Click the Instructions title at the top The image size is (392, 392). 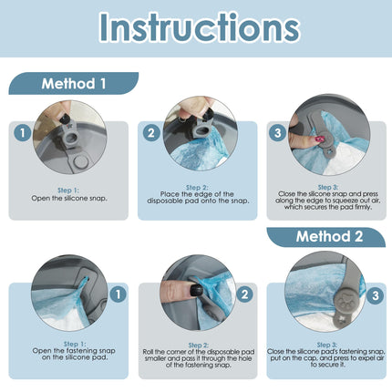click(200, 27)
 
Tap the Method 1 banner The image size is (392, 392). click(74, 84)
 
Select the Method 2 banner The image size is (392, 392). click(326, 237)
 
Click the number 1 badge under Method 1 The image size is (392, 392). click(23, 132)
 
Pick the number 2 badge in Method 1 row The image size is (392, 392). click(151, 132)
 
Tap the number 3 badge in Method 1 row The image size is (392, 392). click(277, 132)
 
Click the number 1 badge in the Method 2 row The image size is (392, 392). click(118, 294)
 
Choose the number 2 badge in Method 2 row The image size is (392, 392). click(244, 294)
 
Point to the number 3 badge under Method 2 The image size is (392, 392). click(376, 295)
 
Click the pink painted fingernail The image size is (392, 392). click(319, 140)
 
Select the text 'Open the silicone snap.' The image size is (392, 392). click(69, 199)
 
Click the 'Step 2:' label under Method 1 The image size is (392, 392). click(197, 188)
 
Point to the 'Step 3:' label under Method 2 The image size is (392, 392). click(327, 345)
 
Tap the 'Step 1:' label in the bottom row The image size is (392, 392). click(75, 344)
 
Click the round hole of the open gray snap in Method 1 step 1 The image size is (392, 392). click(70, 139)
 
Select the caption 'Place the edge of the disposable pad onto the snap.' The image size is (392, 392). click(198, 198)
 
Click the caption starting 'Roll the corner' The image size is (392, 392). click(199, 358)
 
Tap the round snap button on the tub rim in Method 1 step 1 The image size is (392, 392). click(81, 161)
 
